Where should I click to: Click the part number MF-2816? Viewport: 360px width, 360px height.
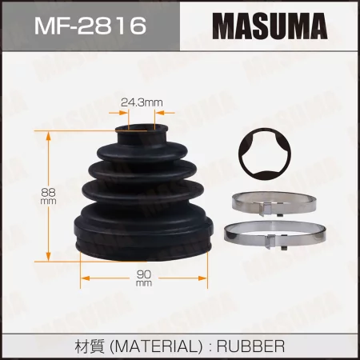tap(90, 25)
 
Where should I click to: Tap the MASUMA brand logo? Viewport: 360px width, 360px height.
tap(270, 26)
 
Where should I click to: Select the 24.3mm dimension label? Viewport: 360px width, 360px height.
tap(142, 102)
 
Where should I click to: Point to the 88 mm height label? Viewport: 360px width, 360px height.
tap(48, 196)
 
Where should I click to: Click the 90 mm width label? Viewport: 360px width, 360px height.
tap(144, 278)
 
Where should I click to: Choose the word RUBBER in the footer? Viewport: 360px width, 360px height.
tap(250, 346)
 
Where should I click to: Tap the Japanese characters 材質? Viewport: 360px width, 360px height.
tap(90, 346)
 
